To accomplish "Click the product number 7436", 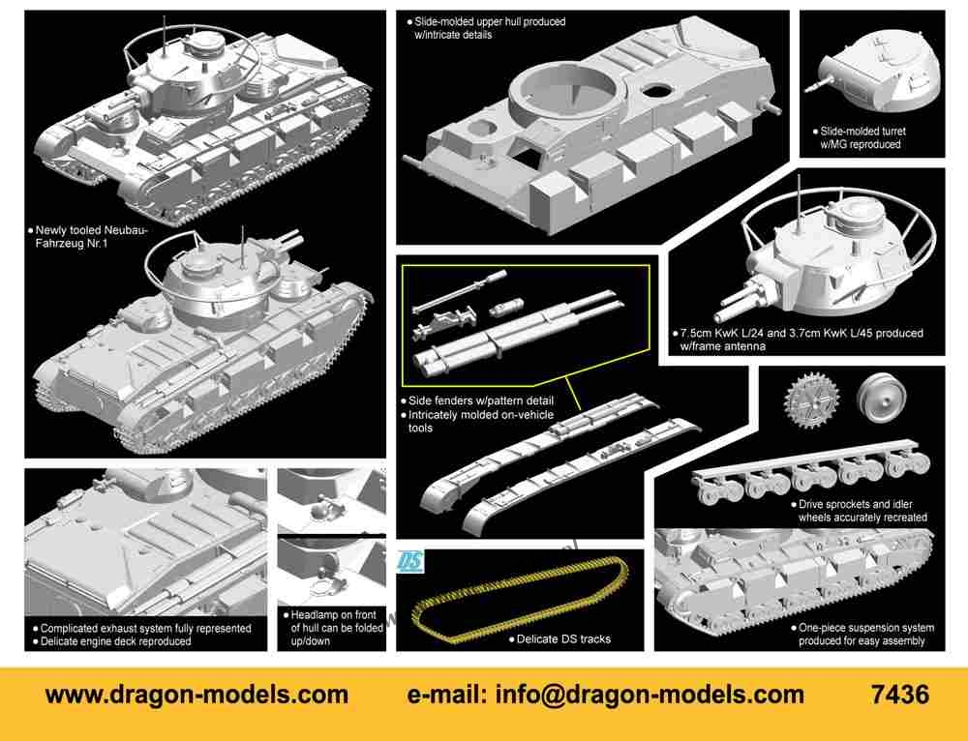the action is coord(900,695).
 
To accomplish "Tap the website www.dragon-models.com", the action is coord(197,696).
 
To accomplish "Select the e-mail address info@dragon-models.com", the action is coord(650,696).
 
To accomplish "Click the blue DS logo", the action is coord(408,561).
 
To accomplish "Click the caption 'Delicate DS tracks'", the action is coord(563,639).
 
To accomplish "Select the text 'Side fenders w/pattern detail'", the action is coord(481,401).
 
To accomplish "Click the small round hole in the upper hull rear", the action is coord(657,91).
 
